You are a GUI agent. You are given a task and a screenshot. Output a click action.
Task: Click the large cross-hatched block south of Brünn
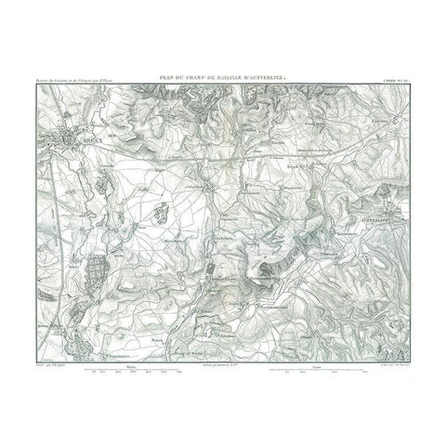point(97,276)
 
